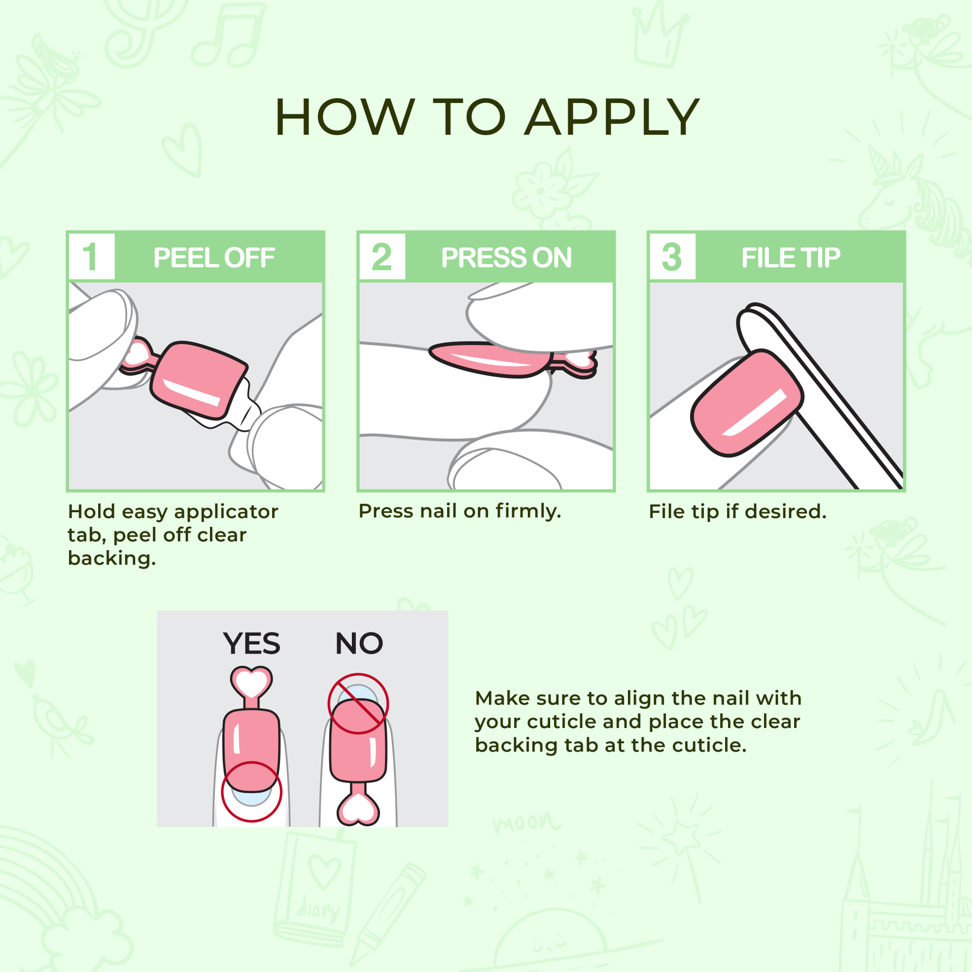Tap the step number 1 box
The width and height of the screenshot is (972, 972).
(91, 257)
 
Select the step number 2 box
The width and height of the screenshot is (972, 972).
(382, 257)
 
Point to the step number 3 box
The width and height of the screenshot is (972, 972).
(672, 257)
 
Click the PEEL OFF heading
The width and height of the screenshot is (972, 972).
(214, 258)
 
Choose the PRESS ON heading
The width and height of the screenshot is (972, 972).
(506, 258)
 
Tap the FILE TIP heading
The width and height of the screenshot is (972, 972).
(790, 258)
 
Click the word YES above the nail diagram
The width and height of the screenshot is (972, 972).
(252, 643)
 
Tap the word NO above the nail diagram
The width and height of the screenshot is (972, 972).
(359, 643)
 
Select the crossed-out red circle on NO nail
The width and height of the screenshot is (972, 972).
(358, 703)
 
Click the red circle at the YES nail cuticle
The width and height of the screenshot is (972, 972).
(251, 791)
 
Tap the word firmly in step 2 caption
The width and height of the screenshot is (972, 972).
(528, 511)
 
